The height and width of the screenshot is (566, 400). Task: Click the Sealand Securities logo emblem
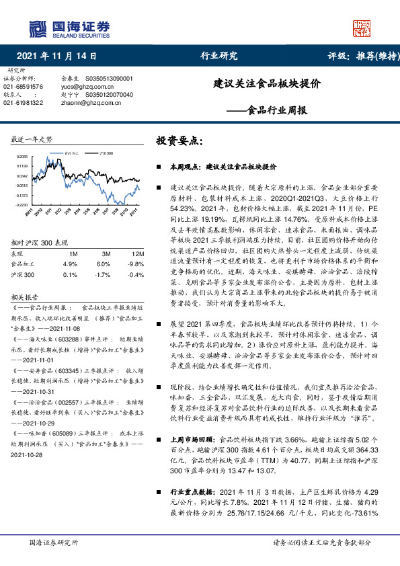36,28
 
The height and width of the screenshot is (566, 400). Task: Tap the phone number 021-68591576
24,87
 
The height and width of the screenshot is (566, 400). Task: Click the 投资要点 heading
178,141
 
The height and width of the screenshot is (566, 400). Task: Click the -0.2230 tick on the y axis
22,204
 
